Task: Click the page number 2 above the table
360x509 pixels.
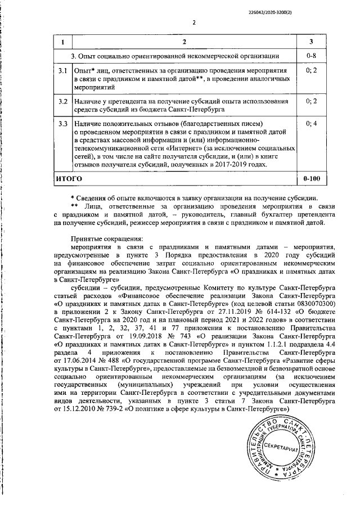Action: pyautogui.click(x=193, y=23)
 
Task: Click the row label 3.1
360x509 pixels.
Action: pyautogui.click(x=63, y=71)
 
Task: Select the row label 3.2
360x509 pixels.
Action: pyautogui.click(x=63, y=101)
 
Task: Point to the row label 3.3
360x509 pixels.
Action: pyautogui.click(x=63, y=123)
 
